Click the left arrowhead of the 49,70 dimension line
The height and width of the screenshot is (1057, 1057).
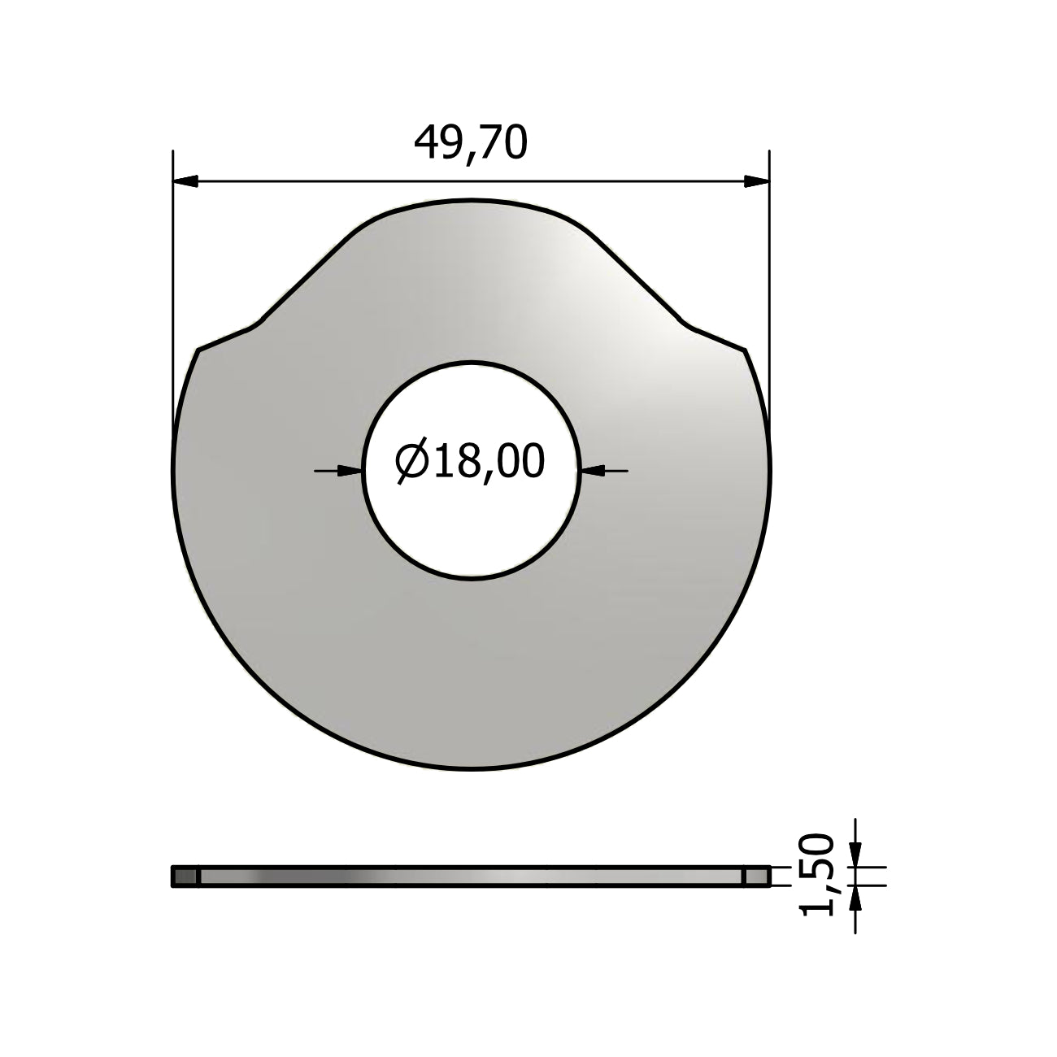coord(186,181)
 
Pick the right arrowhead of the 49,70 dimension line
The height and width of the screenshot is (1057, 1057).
coord(756,181)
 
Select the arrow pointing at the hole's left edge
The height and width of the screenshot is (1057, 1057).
coord(350,469)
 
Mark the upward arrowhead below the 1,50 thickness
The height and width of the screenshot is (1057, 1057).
coord(855,898)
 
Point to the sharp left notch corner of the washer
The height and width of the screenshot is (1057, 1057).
coord(198,350)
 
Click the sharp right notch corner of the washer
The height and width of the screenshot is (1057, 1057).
coord(746,350)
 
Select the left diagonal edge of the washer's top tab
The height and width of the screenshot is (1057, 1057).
coord(305,281)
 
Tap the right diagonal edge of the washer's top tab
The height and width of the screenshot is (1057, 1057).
coord(639,281)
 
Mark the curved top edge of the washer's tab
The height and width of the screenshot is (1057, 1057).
coord(472,200)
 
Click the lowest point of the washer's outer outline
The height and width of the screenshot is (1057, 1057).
coord(472,768)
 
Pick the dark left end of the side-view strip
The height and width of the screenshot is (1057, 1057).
coord(185,876)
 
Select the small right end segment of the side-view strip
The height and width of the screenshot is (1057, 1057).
coord(756,876)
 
